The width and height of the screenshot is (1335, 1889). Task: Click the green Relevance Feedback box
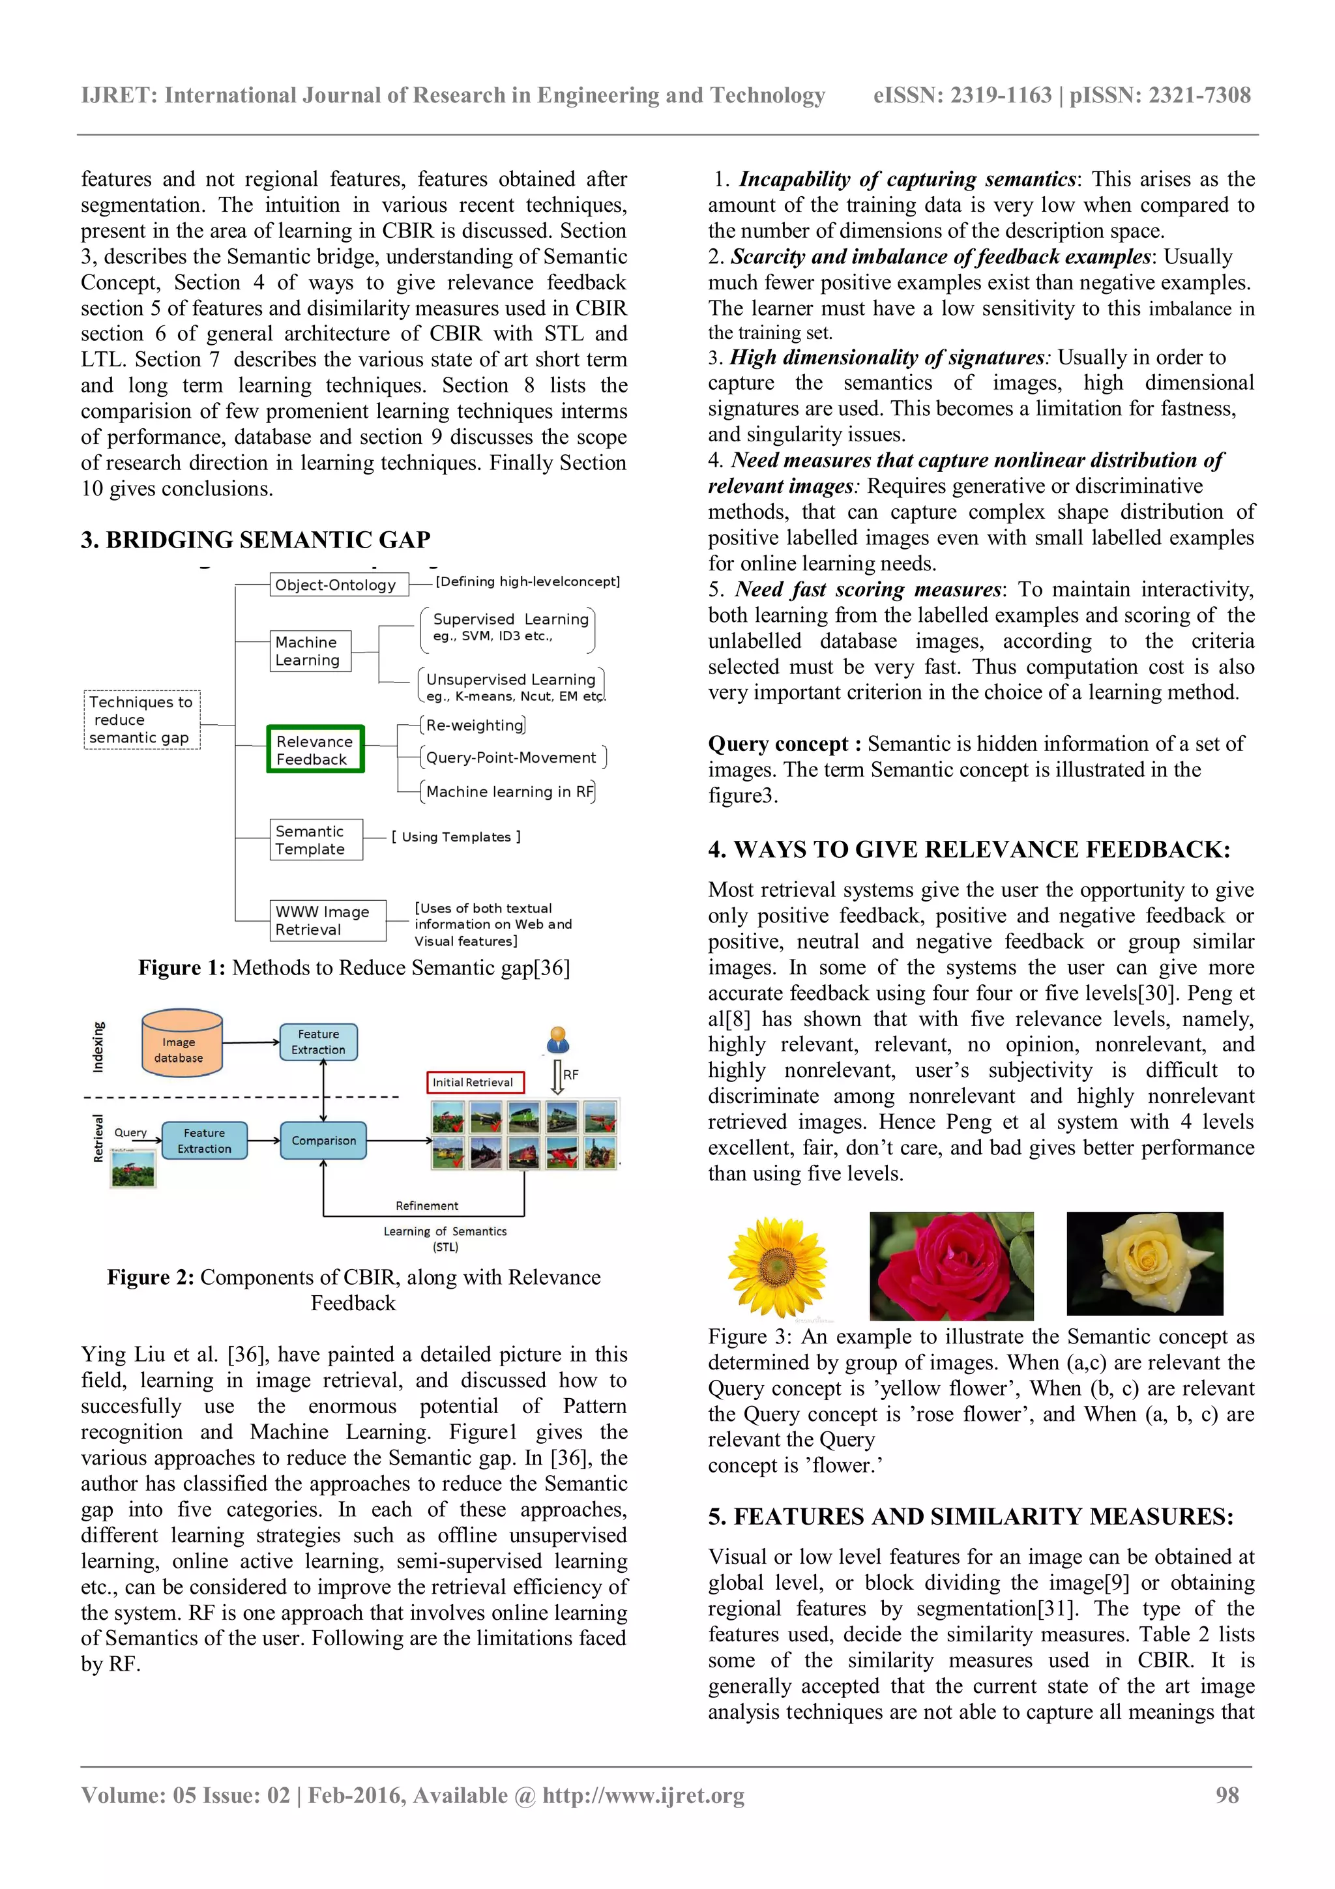click(x=315, y=750)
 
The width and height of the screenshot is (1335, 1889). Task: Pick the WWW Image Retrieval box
click(x=327, y=920)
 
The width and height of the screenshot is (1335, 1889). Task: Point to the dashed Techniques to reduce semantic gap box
click(x=141, y=720)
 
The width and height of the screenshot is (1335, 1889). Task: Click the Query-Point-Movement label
click(x=512, y=757)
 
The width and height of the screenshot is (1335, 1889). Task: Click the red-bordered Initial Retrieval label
click(x=475, y=1083)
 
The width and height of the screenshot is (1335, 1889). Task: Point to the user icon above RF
click(x=559, y=1040)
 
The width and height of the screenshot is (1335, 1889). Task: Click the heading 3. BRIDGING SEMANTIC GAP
click(x=256, y=540)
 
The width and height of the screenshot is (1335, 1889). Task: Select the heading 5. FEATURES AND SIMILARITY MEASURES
click(x=971, y=1517)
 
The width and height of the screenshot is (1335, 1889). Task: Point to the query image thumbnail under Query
click(x=132, y=1168)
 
